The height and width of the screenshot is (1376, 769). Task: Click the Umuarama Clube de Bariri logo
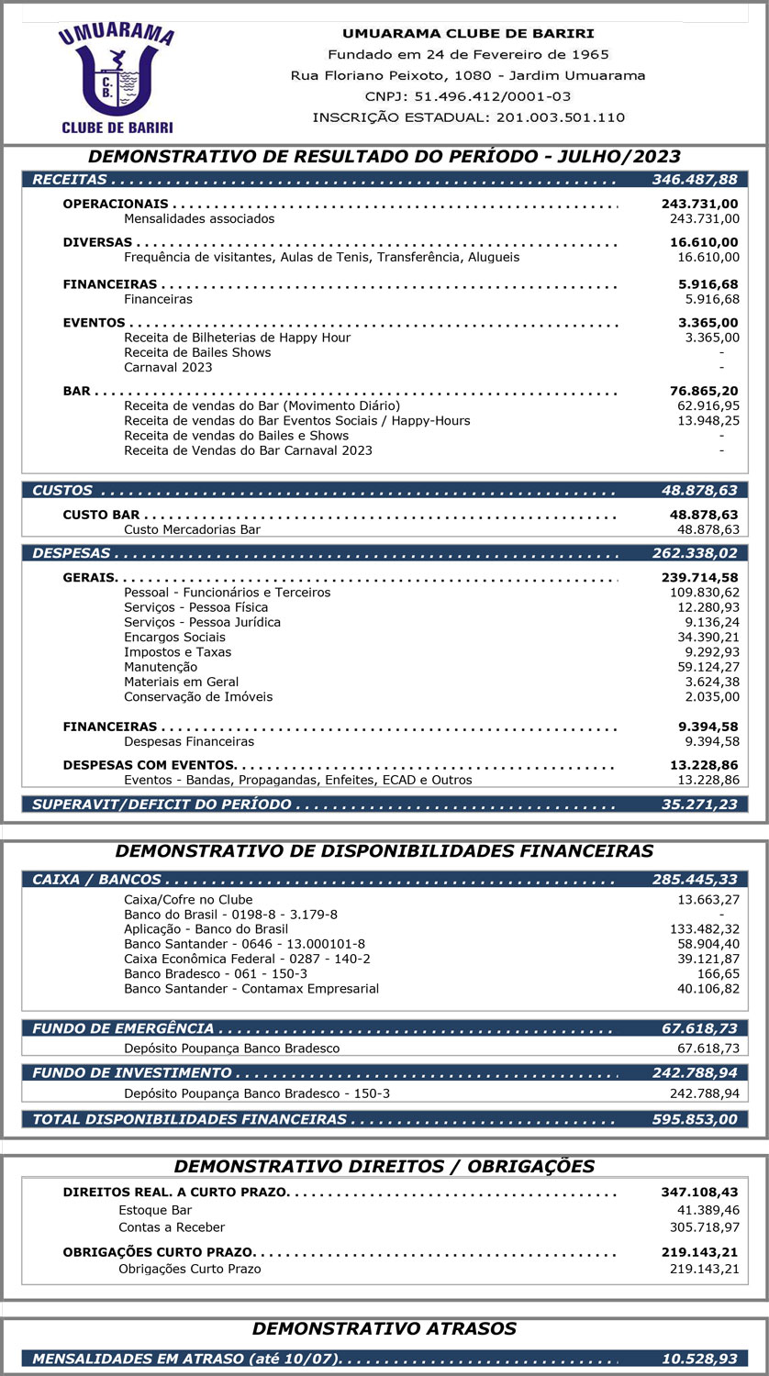coord(116,77)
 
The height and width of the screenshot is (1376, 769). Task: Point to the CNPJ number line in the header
coord(468,96)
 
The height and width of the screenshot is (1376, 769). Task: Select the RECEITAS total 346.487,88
coord(695,180)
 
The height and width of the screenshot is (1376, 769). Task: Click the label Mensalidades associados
coord(199,218)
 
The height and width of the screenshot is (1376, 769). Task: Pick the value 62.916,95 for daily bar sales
coord(708,405)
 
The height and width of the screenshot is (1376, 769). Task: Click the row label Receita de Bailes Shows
coord(197,352)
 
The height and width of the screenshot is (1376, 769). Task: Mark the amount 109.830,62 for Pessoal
coord(704,593)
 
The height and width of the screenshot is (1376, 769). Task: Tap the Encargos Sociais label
coord(174,638)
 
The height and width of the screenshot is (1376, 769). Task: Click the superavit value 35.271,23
coord(698,805)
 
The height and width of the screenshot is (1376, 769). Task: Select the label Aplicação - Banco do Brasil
coord(206,929)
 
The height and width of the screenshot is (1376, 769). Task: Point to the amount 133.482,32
coord(704,929)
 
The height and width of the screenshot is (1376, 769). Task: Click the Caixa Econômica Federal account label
coord(247,959)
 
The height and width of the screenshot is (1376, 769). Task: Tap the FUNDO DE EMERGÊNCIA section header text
coord(123,1029)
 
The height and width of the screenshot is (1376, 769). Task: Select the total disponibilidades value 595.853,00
coord(695,1119)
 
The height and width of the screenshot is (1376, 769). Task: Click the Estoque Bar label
coord(155,1210)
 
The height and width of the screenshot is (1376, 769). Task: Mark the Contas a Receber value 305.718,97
coord(704,1227)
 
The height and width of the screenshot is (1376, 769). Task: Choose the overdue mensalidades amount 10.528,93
coord(700,1359)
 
